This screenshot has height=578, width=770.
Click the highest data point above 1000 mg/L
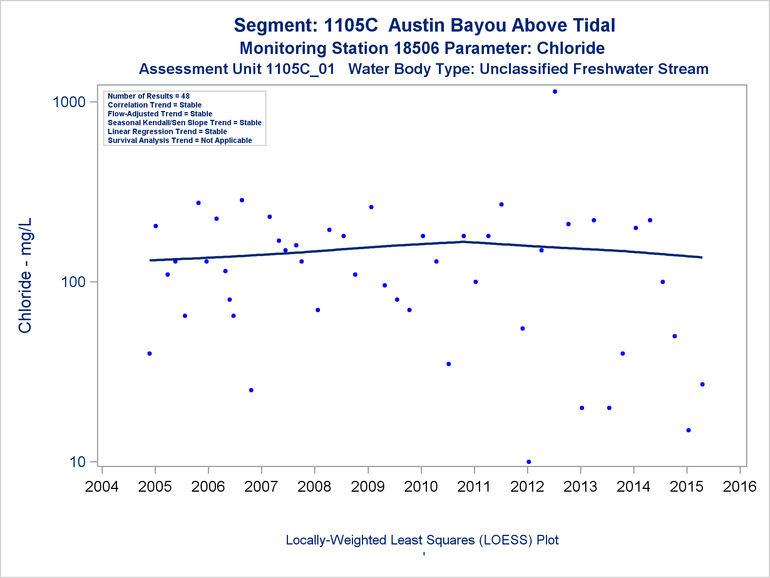click(x=555, y=92)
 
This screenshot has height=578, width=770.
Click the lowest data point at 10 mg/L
click(x=529, y=462)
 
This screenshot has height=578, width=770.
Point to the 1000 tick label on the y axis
click(x=69, y=102)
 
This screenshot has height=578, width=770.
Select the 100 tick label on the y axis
click(x=73, y=282)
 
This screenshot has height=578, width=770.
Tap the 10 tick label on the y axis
click(x=78, y=462)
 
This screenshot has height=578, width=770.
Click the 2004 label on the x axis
click(x=102, y=487)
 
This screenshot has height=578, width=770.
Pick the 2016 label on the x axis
click(x=740, y=487)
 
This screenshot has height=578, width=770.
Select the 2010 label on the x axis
click(x=421, y=487)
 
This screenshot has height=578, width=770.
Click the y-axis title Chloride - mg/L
click(x=25, y=276)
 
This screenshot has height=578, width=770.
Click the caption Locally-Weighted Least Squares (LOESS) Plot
click(x=422, y=540)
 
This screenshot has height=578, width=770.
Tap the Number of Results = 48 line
click(x=149, y=96)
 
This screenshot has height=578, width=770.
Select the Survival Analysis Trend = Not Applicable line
click(x=180, y=141)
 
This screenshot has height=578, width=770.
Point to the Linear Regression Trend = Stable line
click(x=167, y=132)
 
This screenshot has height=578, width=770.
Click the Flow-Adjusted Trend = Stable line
click(x=160, y=114)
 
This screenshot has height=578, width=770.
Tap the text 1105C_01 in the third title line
click(x=300, y=69)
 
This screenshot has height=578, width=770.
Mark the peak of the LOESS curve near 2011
click(x=464, y=242)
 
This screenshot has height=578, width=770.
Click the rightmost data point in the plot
click(x=702, y=384)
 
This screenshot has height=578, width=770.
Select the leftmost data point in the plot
click(x=149, y=353)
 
